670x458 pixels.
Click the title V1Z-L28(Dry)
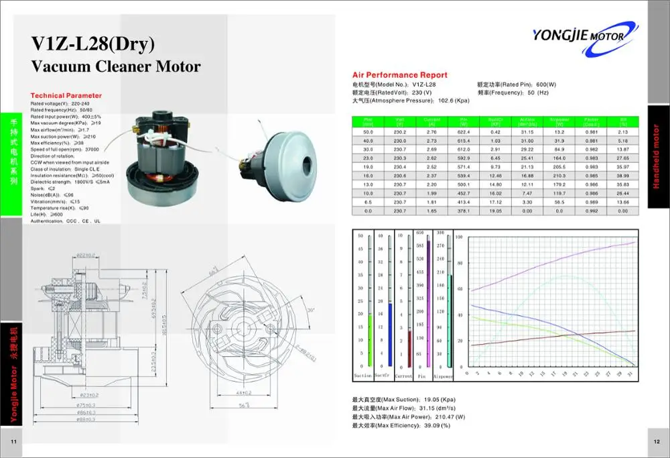[x=94, y=44]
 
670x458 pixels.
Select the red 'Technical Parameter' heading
[x=66, y=96]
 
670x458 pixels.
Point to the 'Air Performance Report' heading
[x=400, y=75]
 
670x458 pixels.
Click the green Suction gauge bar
[x=371, y=339]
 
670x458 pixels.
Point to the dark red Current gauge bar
[x=409, y=347]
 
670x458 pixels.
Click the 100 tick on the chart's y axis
[x=459, y=237]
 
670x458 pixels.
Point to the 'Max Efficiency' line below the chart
[x=401, y=425]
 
